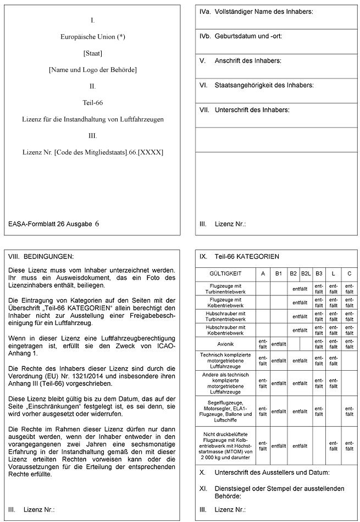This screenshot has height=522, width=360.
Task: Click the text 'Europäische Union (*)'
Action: (x=92, y=37)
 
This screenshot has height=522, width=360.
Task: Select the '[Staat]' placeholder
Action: (x=92, y=53)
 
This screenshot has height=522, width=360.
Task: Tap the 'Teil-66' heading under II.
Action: (x=92, y=102)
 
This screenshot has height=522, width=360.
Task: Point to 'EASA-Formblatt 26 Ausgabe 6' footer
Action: (x=54, y=224)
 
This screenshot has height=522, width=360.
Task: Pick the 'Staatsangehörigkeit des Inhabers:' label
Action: (x=263, y=85)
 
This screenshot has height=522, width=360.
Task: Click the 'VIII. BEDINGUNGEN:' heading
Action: (x=41, y=256)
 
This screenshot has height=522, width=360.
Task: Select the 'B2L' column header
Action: (x=306, y=273)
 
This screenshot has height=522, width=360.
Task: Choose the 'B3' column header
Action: (x=319, y=273)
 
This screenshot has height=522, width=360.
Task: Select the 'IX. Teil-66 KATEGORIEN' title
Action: (x=239, y=256)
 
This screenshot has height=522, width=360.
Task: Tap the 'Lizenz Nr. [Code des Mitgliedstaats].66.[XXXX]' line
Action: (x=92, y=152)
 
